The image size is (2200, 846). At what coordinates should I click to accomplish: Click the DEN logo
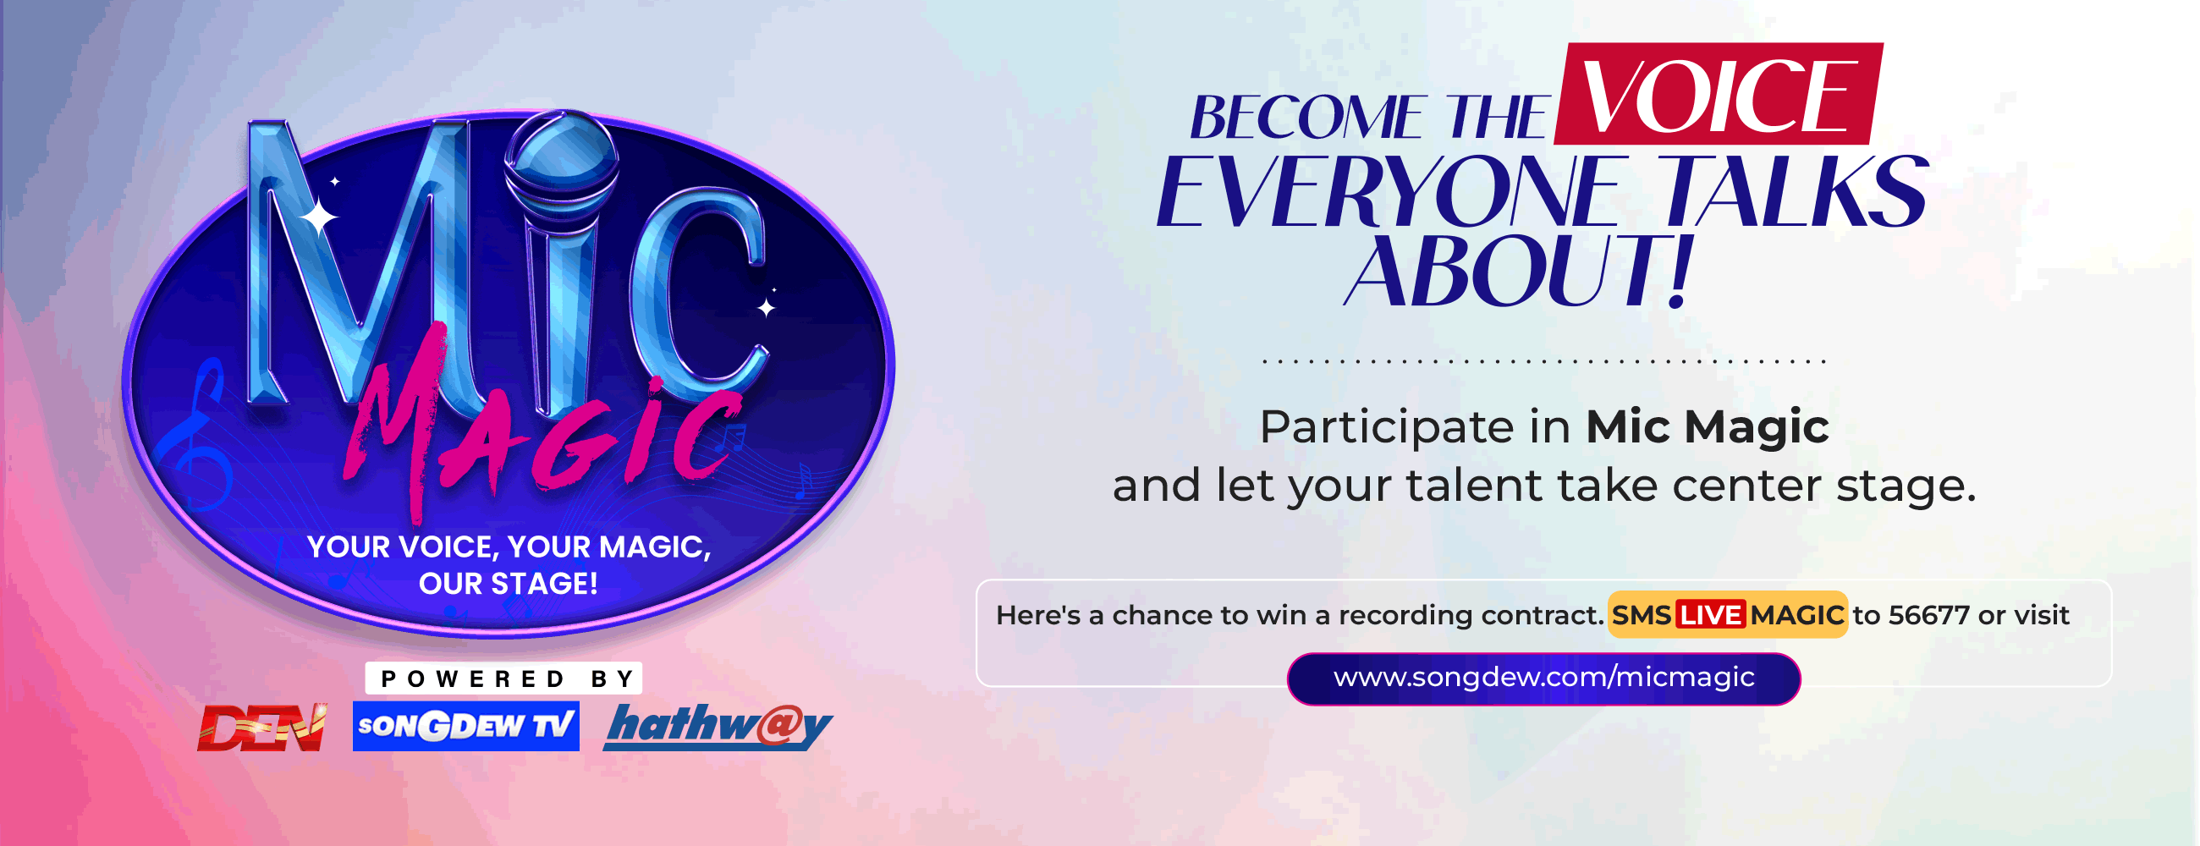(261, 728)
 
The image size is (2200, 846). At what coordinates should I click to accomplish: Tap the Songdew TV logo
(465, 727)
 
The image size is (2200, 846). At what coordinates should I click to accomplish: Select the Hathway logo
(718, 727)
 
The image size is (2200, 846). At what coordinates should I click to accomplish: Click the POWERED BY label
(503, 678)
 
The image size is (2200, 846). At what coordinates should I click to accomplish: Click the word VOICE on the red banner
(1717, 96)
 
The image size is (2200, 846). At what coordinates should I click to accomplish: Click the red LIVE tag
(1710, 615)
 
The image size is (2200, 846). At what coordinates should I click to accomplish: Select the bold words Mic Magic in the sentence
(1707, 427)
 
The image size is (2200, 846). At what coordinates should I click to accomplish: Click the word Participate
(1386, 427)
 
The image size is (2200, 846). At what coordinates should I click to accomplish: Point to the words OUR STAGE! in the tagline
(509, 584)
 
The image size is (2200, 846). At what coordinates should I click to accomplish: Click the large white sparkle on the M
(318, 217)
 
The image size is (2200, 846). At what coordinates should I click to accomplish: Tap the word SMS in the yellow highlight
(1641, 615)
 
